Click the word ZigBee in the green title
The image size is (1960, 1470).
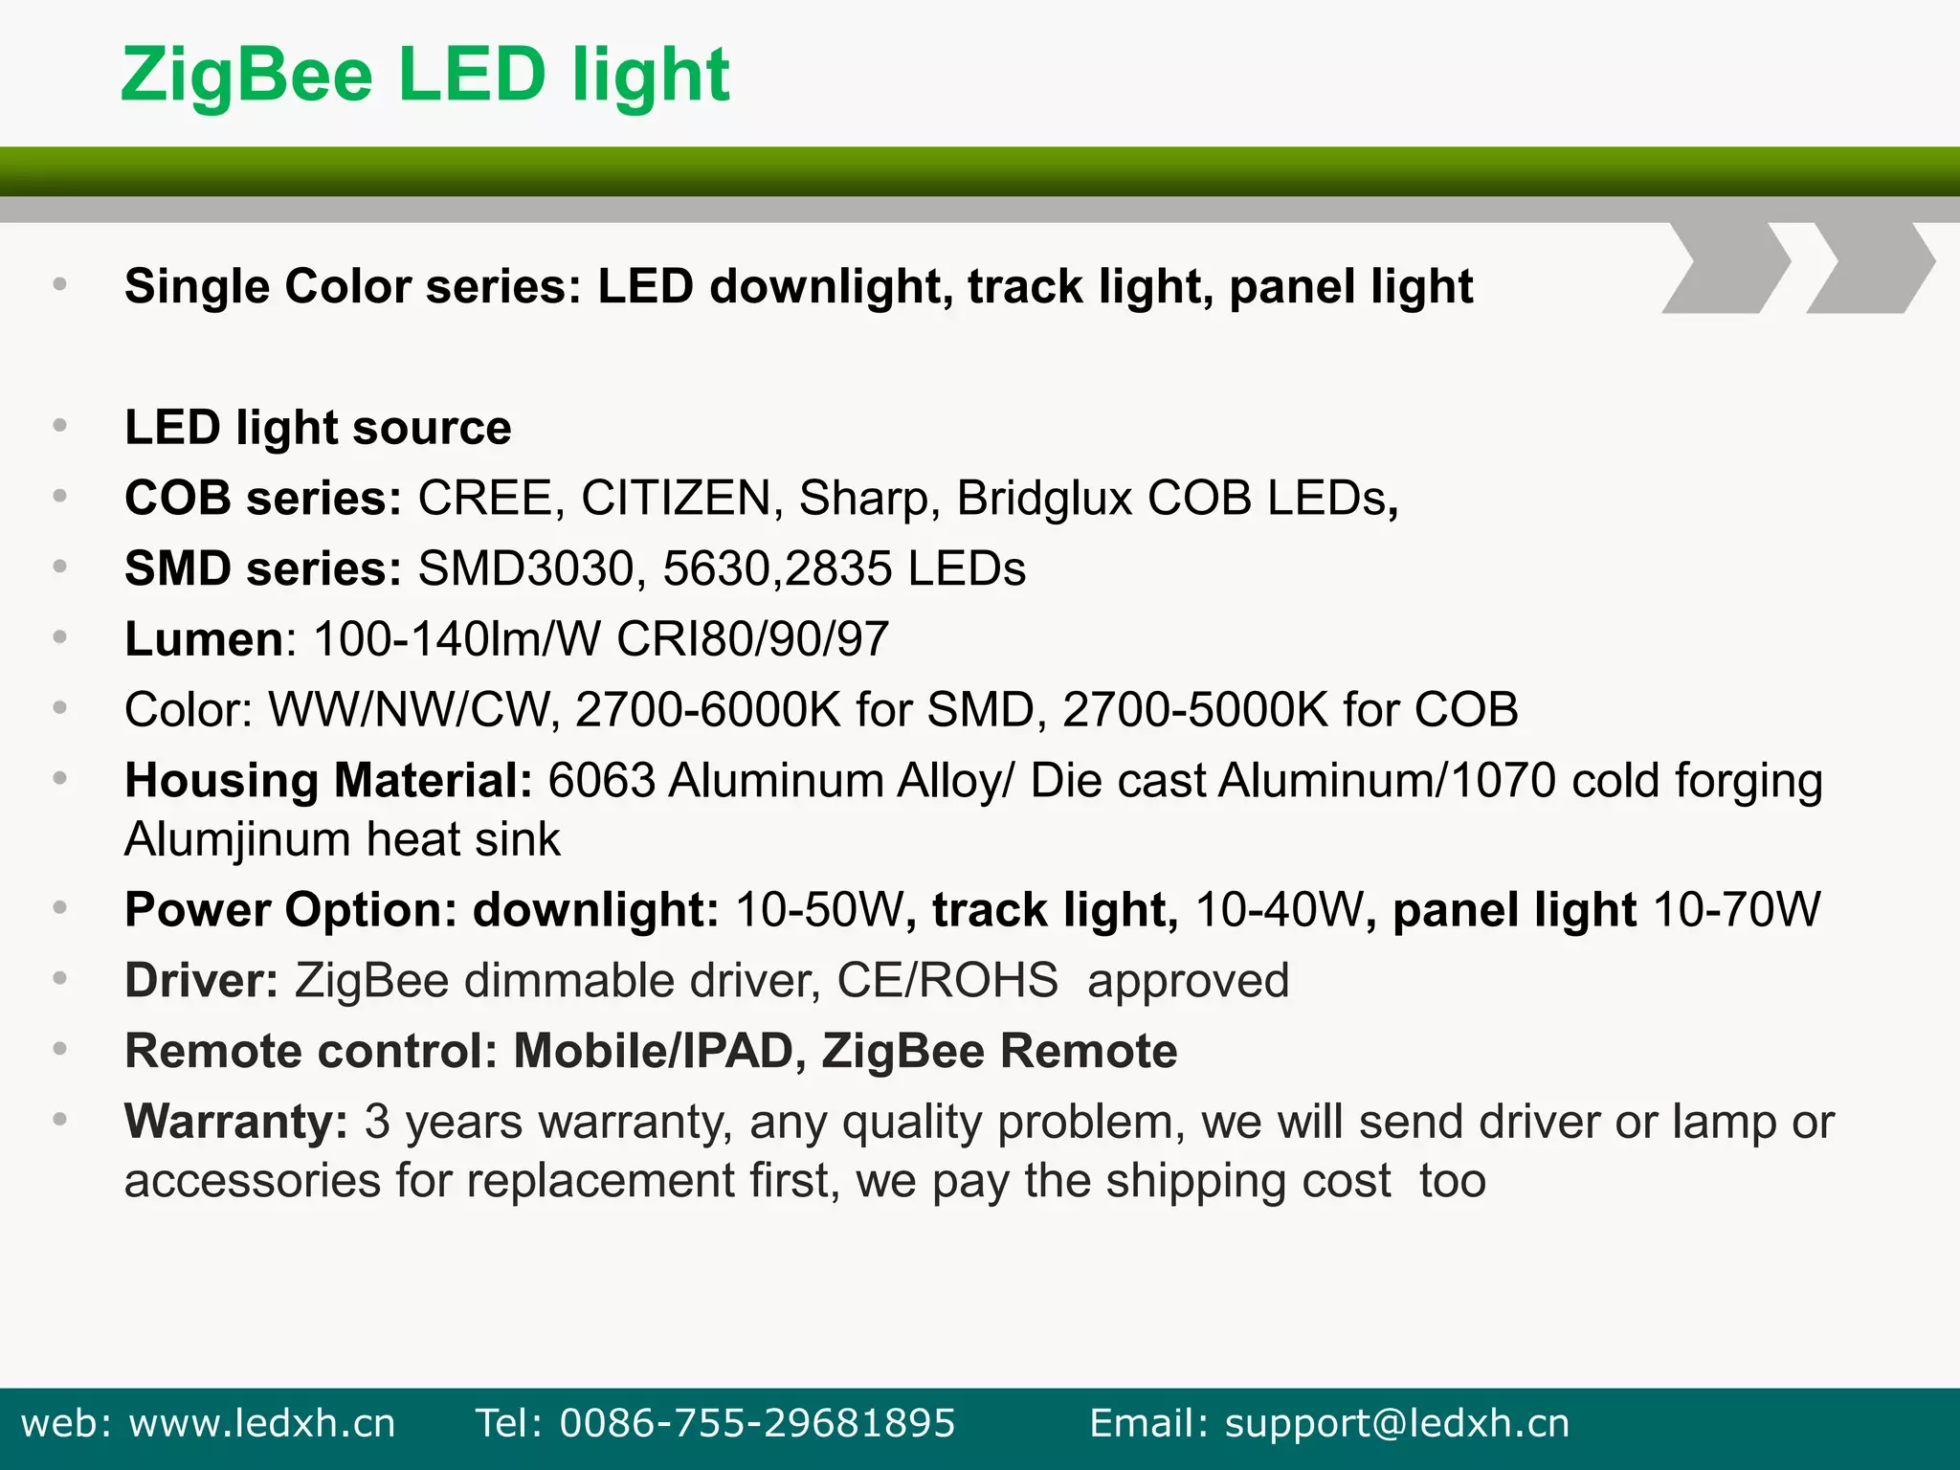tap(246, 77)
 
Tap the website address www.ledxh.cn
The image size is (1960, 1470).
tap(262, 1423)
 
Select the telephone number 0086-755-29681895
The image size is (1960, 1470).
tap(757, 1423)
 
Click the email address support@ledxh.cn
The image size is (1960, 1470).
tap(1397, 1423)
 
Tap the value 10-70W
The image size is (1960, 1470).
tap(1736, 910)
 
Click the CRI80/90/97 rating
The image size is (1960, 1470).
tap(752, 639)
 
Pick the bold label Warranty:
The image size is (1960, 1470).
tap(236, 1122)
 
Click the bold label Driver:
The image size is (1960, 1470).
tap(201, 981)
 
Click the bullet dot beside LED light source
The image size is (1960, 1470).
tap(59, 425)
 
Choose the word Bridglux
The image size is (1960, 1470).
tap(1044, 499)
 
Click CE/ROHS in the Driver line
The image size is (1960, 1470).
tap(947, 981)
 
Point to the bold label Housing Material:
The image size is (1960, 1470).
tap(328, 781)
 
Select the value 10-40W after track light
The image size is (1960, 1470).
tap(1280, 910)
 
